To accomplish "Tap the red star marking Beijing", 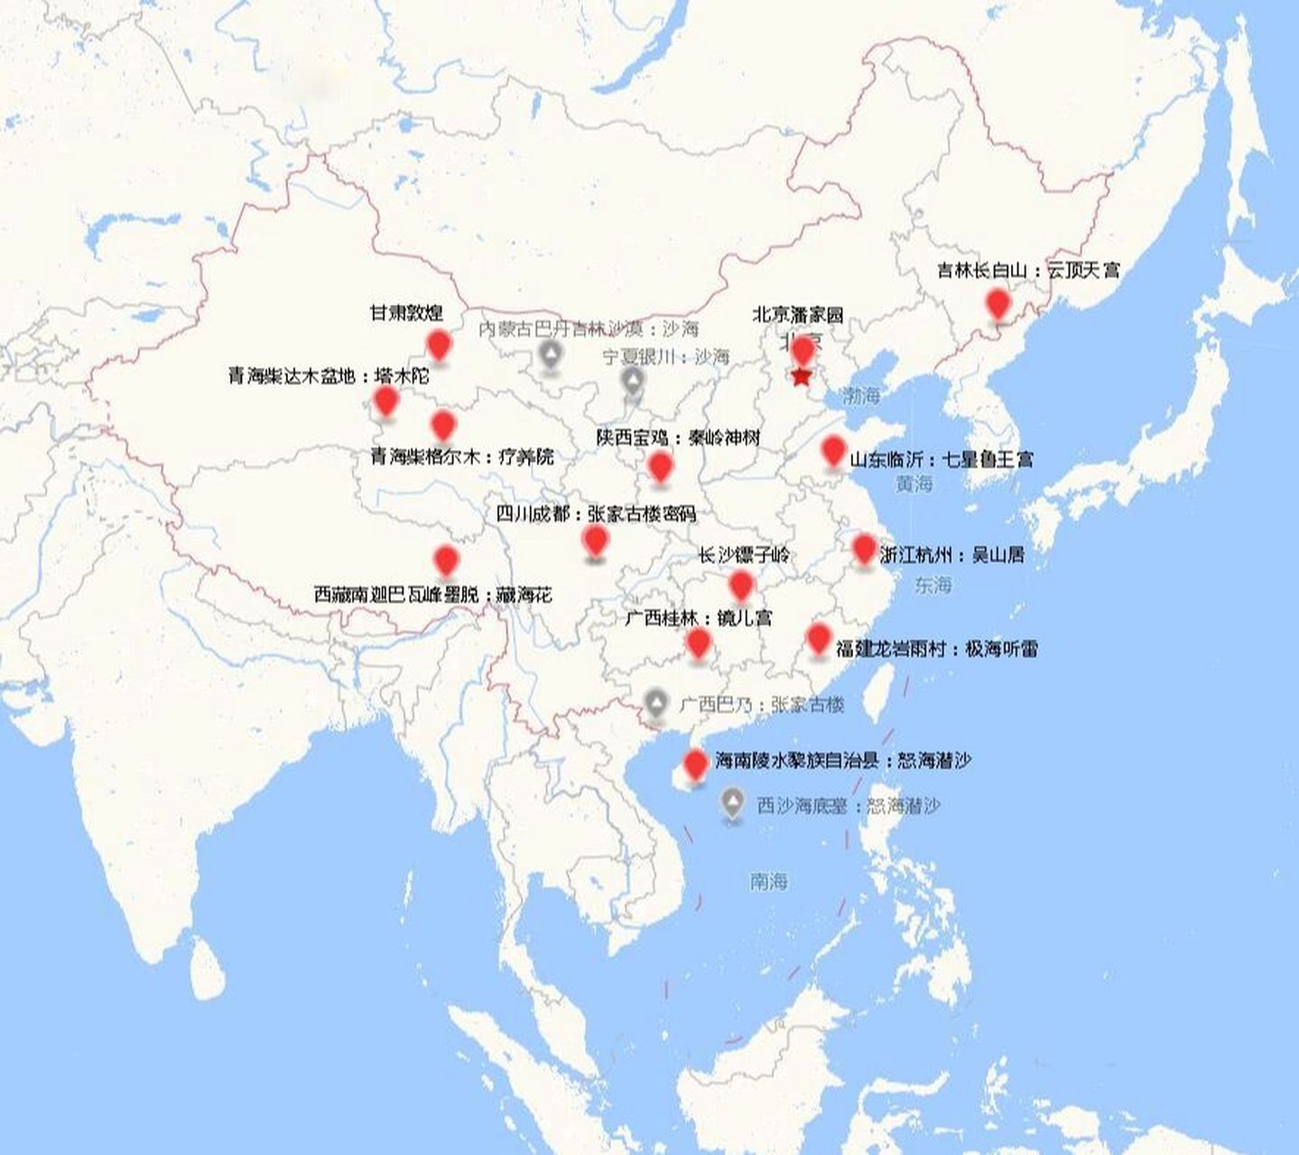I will click(801, 377).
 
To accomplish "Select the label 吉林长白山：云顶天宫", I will click(1028, 270).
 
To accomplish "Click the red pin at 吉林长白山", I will click(997, 303).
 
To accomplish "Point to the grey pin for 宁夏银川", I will click(634, 382).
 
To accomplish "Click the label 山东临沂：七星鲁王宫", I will click(942, 459).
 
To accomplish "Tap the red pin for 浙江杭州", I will click(864, 548).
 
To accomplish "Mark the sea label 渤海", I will click(860, 395).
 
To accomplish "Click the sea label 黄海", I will click(914, 484).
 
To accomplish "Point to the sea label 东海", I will click(932, 585).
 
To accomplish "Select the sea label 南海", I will click(768, 881).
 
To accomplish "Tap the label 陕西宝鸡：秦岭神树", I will click(678, 438).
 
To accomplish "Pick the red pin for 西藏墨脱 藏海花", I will click(446, 560).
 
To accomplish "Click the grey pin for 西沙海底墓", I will click(732, 801).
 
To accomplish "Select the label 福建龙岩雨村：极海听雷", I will click(936, 648).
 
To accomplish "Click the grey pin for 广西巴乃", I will click(657, 703).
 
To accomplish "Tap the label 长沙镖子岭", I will click(743, 555).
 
